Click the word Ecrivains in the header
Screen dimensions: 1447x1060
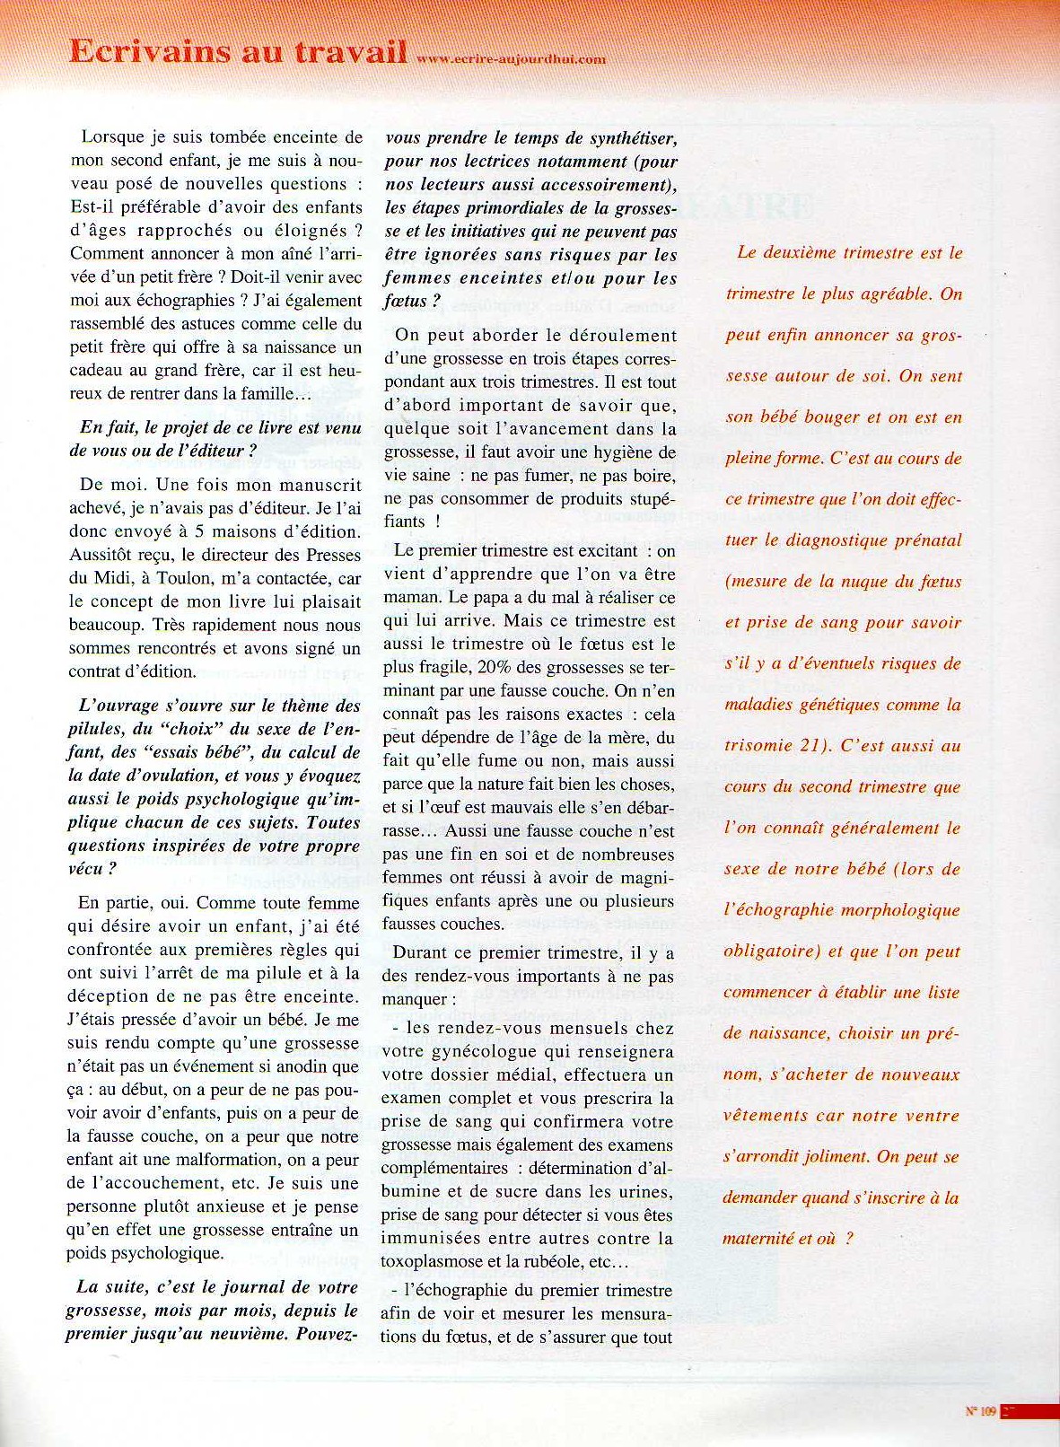147,51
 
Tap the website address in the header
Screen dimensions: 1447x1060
512,60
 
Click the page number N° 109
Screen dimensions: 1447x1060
981,1411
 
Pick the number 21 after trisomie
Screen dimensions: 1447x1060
811,745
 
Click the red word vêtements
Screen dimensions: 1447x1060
764,1116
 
